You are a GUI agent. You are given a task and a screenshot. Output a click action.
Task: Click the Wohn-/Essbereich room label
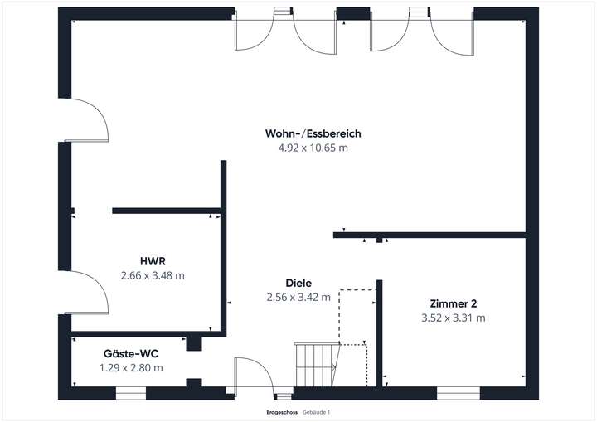tap(313, 133)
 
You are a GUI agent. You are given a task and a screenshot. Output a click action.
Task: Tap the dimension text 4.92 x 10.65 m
tap(313, 148)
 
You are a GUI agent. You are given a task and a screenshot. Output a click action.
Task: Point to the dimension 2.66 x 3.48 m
tap(152, 275)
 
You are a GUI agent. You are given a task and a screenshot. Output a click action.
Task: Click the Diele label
tap(298, 283)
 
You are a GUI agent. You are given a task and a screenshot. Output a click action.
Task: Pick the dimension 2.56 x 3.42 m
tap(298, 297)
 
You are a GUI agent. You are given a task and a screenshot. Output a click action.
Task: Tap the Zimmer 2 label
tap(453, 303)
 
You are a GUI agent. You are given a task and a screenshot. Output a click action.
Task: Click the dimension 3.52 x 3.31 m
tap(453, 318)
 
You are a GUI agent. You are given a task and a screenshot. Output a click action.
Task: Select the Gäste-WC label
tap(130, 353)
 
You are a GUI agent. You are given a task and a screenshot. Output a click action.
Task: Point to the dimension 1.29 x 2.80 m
tap(130, 367)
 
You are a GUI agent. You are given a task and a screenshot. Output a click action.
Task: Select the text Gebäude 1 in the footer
tap(316, 412)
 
